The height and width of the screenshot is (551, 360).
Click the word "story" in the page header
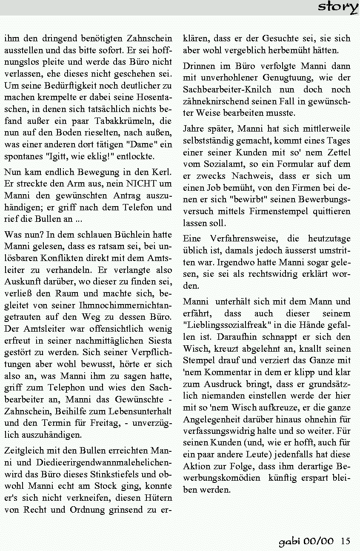338,7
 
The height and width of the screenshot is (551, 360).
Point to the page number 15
346,541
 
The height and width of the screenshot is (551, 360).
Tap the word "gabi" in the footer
289,542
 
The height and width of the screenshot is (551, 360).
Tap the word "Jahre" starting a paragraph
194,129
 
